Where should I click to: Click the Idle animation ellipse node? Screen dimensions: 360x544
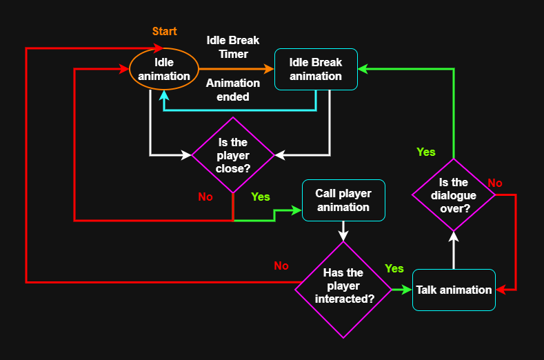[x=164, y=69]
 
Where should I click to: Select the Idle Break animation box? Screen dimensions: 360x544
[x=316, y=69]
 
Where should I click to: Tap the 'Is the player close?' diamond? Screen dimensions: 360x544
[x=233, y=155]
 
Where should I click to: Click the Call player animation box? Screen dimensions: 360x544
[x=343, y=200]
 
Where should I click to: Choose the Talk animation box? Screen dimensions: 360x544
[x=454, y=290]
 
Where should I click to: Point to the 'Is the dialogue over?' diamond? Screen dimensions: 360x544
[x=454, y=195]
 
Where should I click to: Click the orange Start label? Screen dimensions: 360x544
[x=164, y=31]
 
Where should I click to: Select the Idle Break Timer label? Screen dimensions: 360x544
[x=233, y=47]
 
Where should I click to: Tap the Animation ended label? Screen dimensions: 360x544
[x=233, y=90]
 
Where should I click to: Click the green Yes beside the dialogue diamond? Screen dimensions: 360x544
[x=426, y=152]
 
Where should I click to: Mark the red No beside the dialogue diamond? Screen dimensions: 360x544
[x=495, y=183]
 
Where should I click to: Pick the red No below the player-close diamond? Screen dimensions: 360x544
[x=205, y=197]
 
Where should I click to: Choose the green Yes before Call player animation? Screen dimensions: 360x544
[x=261, y=197]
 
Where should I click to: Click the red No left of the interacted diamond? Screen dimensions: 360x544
[x=281, y=266]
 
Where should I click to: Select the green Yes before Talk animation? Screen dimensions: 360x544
[x=394, y=268]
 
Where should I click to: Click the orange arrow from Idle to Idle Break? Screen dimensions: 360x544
[x=234, y=69]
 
